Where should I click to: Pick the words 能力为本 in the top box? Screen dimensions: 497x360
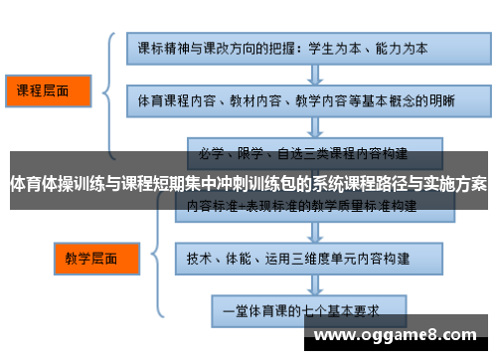point(408,46)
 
